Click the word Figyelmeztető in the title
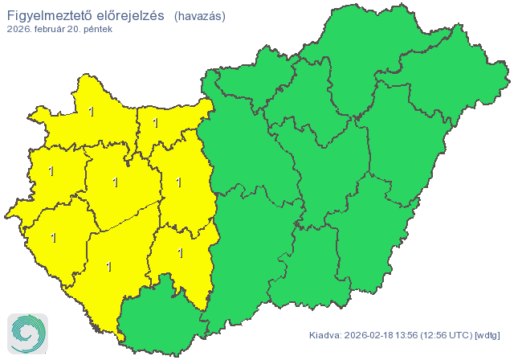click(x=47, y=14)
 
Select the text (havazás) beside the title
click(x=199, y=15)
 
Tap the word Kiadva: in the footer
click(x=325, y=334)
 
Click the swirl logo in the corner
click(x=27, y=333)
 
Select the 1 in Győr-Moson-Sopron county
click(x=91, y=112)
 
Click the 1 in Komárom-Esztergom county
click(x=155, y=124)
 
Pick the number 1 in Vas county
click(x=51, y=171)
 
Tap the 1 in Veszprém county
click(x=116, y=182)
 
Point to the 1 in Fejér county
click(x=178, y=182)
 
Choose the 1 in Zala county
click(x=54, y=238)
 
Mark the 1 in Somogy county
click(x=108, y=266)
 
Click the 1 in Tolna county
click(x=180, y=253)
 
